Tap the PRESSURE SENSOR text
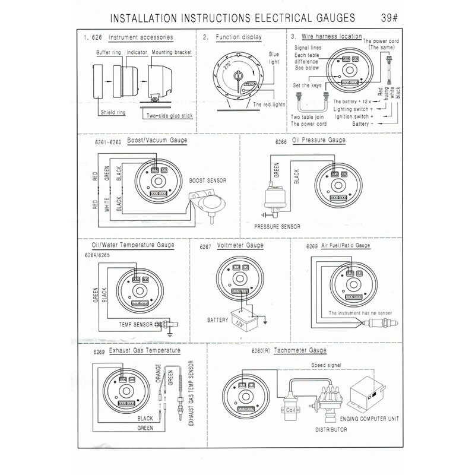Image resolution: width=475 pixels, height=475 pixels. (x=277, y=226)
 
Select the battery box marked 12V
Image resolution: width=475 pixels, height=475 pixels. (x=243, y=317)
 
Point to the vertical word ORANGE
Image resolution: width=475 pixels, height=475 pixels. (x=158, y=376)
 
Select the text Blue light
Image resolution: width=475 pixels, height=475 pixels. (x=274, y=57)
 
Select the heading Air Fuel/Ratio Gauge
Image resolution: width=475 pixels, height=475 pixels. (x=347, y=245)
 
